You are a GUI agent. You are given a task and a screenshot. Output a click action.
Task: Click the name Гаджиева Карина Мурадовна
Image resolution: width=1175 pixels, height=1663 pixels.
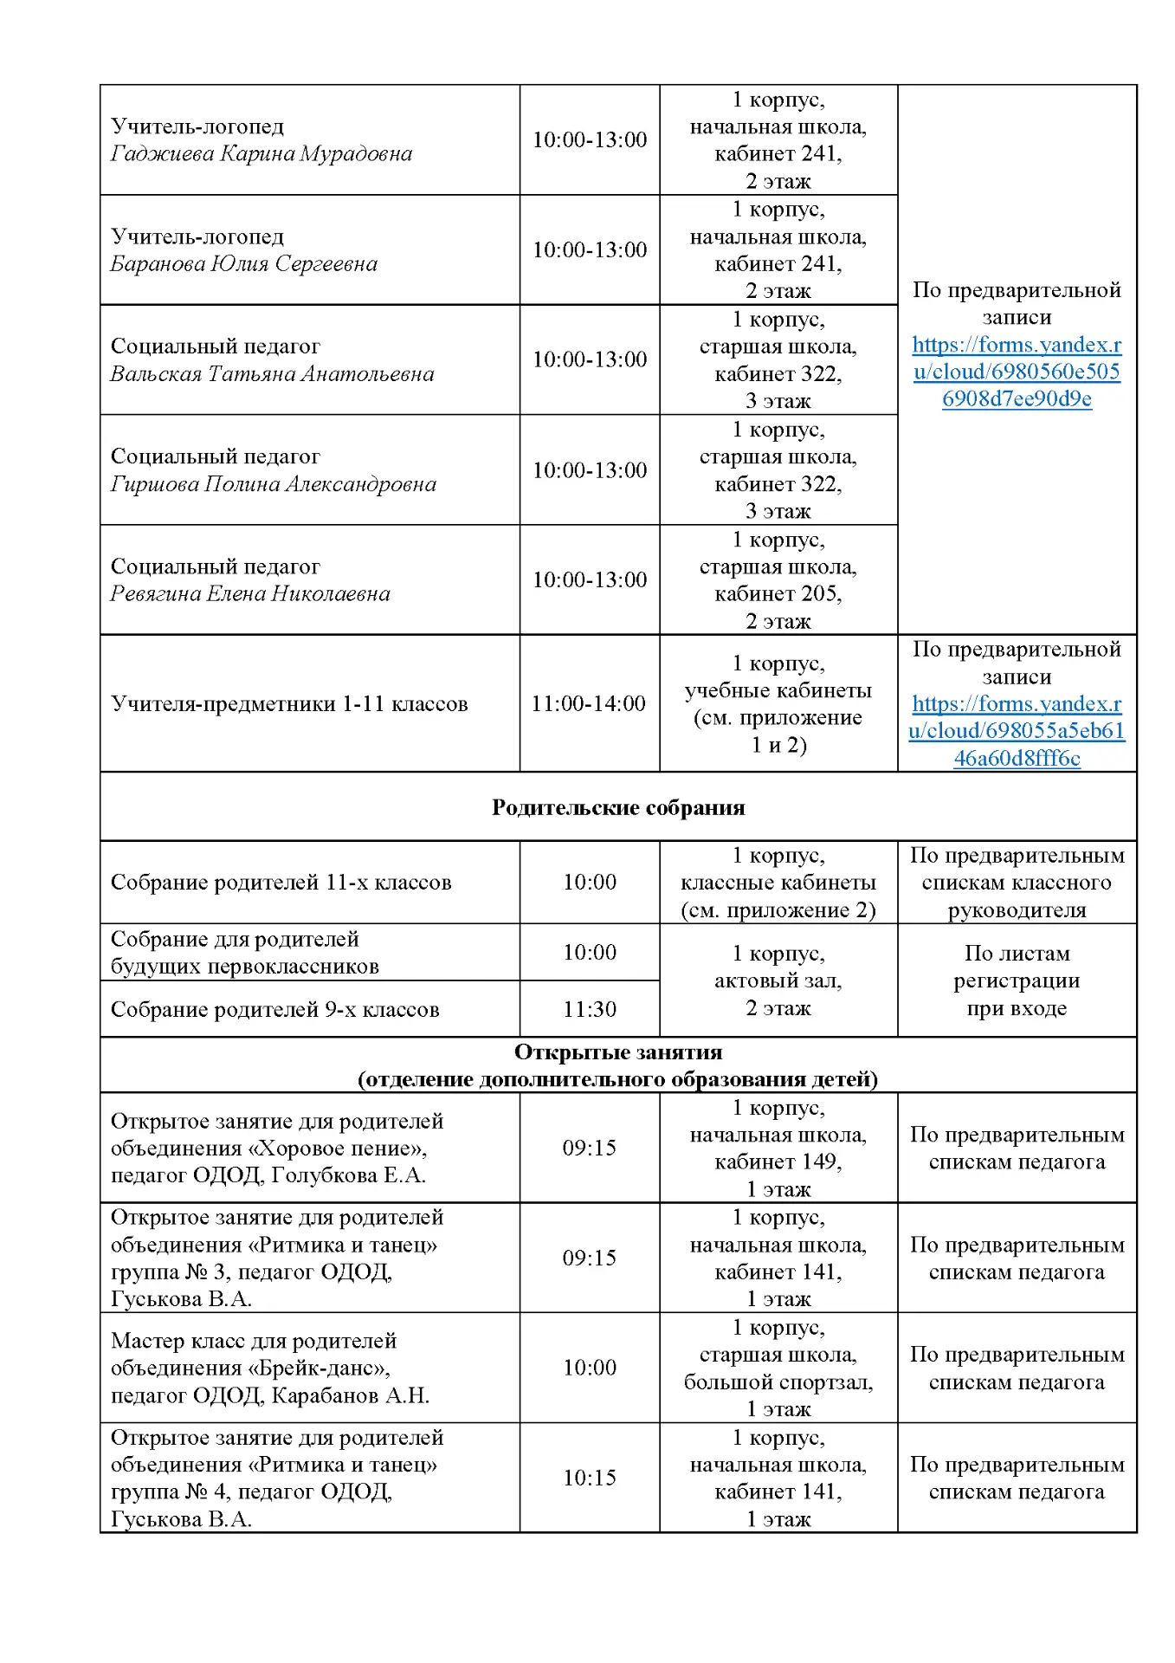point(261,154)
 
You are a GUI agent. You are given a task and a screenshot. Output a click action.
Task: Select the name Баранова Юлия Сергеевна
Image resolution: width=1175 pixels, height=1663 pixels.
point(243,264)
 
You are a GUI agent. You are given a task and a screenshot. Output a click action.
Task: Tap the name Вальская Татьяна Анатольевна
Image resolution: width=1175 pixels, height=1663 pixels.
point(272,374)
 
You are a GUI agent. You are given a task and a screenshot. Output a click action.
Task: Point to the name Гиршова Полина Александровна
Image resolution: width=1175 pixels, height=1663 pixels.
point(273,484)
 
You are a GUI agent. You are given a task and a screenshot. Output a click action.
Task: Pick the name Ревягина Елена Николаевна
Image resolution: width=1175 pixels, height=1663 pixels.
point(249,594)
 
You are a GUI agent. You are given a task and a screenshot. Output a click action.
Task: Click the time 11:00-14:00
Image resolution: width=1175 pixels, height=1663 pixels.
point(589,703)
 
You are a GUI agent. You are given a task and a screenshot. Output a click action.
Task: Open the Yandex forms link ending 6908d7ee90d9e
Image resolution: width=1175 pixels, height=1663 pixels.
point(1017,372)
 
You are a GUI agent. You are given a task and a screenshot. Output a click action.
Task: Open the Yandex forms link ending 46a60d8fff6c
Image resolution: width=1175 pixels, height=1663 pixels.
point(1017,731)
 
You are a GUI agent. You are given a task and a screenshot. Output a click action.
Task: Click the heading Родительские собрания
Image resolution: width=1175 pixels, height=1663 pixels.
point(618,807)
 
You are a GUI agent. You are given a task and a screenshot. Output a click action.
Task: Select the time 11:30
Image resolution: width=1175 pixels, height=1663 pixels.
point(590,1009)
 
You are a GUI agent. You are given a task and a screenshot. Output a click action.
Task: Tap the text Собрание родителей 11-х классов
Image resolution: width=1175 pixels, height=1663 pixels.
point(281,883)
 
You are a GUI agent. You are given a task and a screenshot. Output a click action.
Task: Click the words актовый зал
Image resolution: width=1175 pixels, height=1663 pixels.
point(778,980)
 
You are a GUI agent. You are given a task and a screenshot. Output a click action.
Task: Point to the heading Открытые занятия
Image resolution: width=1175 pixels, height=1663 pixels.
point(618,1052)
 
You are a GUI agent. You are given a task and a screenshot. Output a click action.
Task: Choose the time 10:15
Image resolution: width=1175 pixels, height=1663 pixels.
point(590,1478)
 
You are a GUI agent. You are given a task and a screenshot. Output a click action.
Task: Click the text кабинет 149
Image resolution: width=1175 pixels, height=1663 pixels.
point(778,1162)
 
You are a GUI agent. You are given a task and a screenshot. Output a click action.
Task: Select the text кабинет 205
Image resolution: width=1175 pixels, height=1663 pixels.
point(778,594)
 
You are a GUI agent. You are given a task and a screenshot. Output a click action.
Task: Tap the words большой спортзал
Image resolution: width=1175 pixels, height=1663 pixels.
point(778,1382)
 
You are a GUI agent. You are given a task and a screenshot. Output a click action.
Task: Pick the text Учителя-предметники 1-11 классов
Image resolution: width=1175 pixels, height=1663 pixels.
point(289,703)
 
